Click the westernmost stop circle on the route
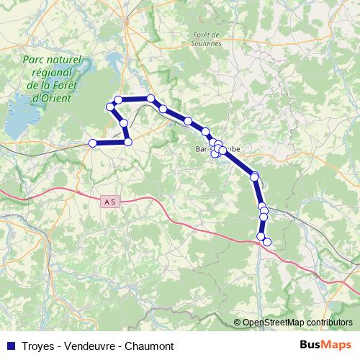(x=92, y=143)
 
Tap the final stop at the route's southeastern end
(x=267, y=242)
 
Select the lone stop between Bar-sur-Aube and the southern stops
(x=254, y=176)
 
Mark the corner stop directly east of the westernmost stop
(x=128, y=143)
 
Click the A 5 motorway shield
(x=109, y=203)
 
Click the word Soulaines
(x=207, y=43)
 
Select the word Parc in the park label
(x=35, y=60)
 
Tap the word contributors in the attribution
(x=332, y=323)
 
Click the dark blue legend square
(x=11, y=346)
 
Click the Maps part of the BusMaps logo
(x=338, y=346)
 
